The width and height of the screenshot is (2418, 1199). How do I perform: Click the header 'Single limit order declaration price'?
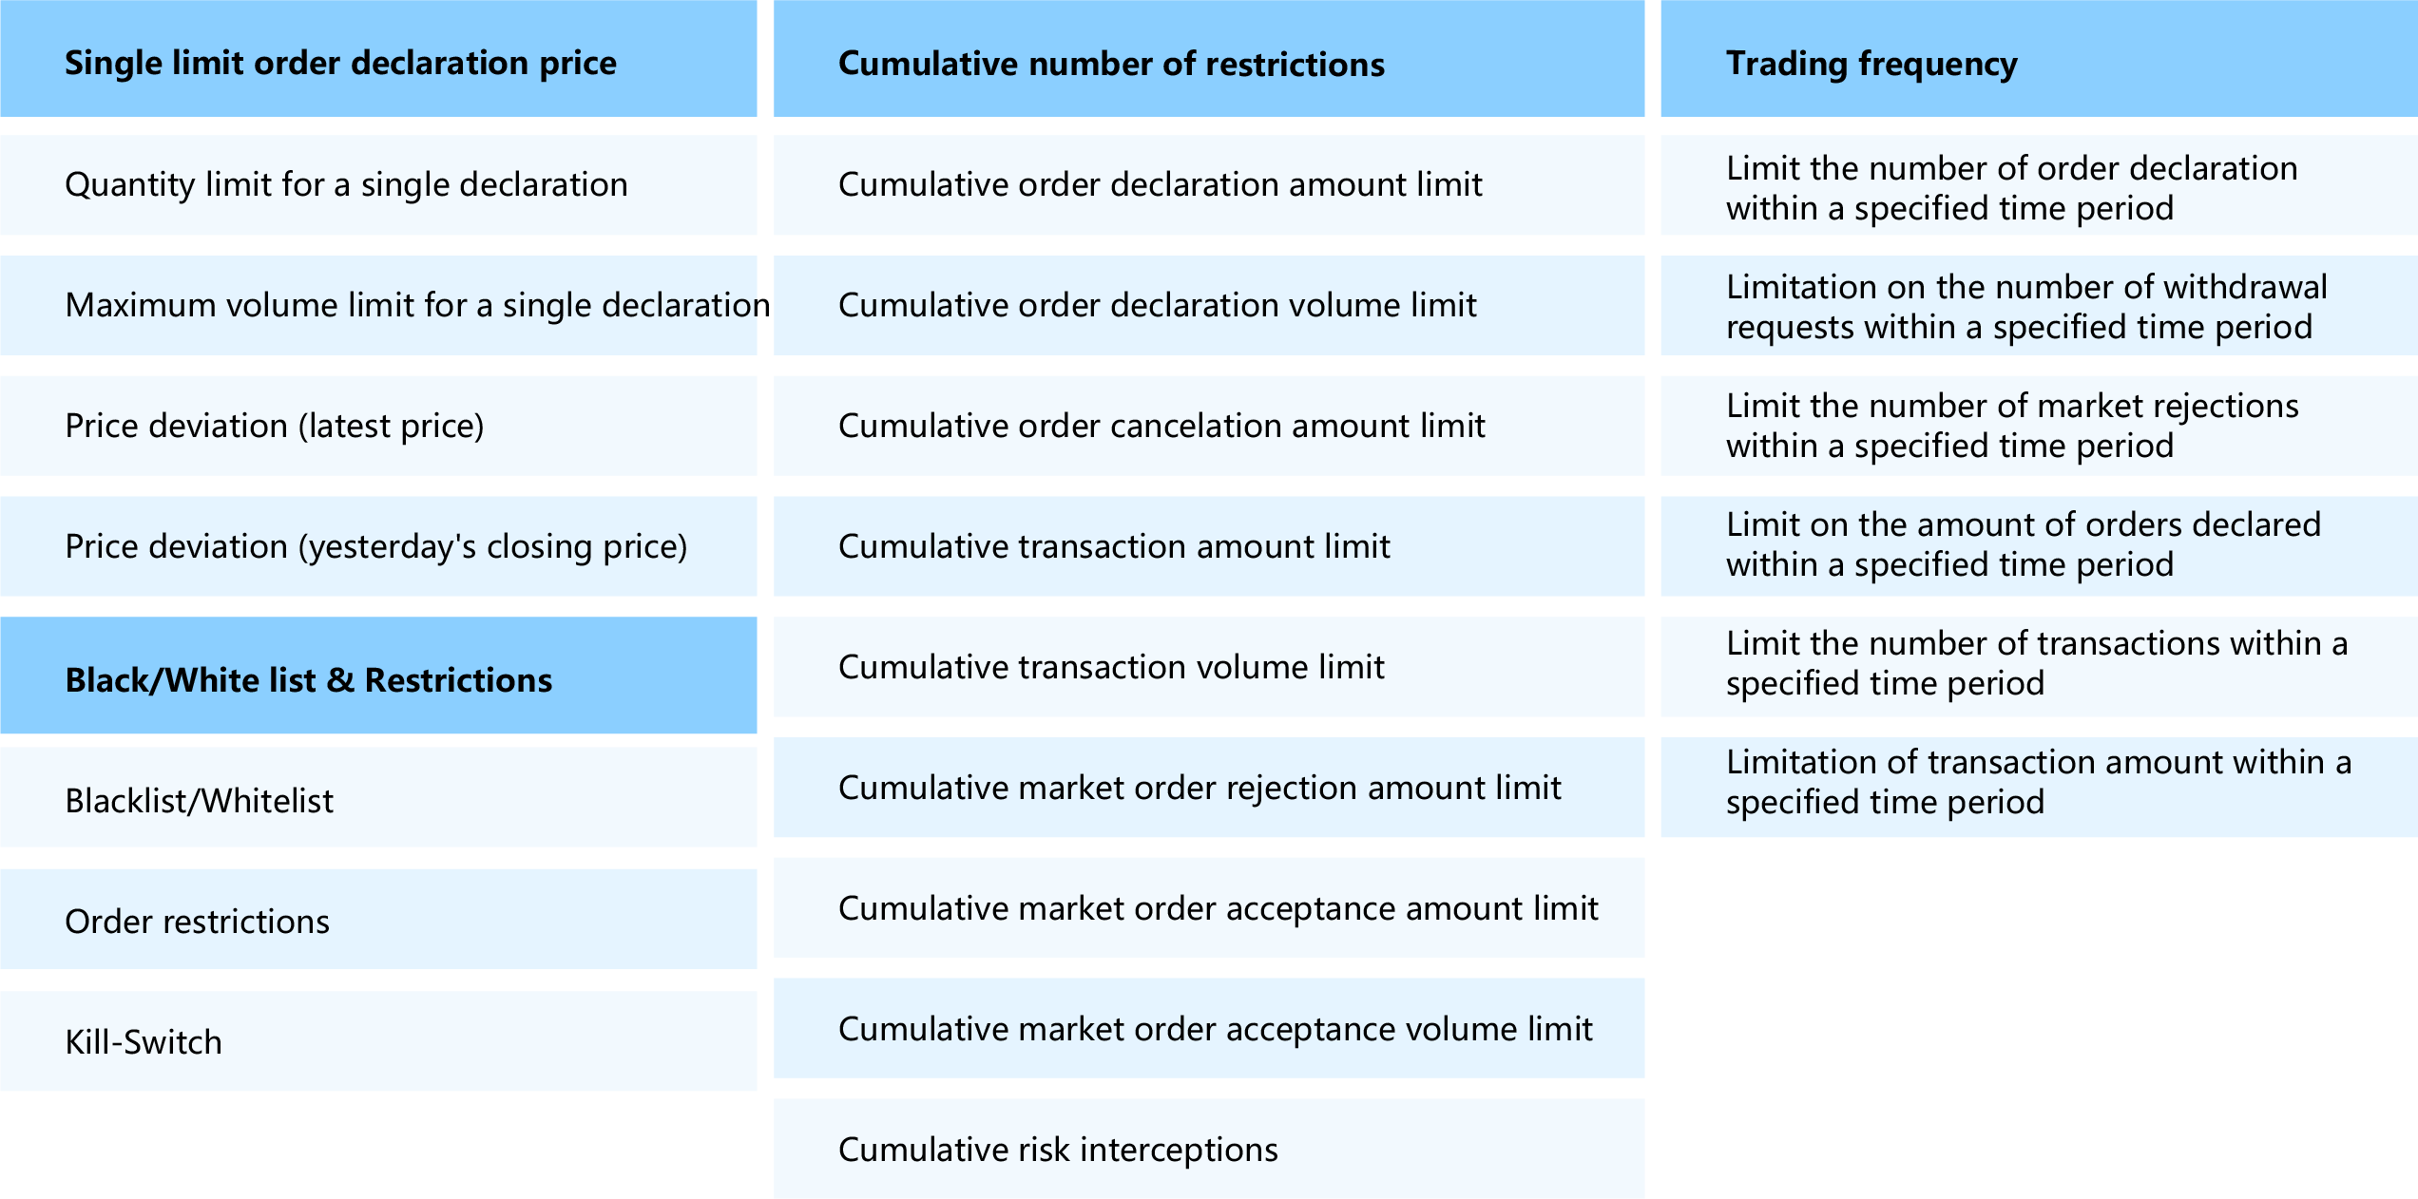click(340, 63)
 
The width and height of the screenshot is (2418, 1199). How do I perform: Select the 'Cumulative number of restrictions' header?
click(1111, 64)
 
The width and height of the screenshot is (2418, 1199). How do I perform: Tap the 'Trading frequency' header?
click(1871, 64)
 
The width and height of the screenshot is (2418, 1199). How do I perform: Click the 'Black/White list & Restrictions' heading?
click(309, 680)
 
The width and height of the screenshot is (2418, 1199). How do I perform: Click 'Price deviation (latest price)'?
click(275, 426)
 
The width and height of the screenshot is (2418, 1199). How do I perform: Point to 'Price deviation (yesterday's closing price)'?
click(376, 546)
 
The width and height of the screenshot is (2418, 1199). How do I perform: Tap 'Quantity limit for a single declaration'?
click(347, 184)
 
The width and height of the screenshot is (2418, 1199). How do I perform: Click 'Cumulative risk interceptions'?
click(1058, 1150)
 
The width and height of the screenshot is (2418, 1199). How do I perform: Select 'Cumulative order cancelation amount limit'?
click(1161, 426)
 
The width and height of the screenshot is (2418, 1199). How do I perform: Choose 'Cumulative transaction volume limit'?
click(1111, 667)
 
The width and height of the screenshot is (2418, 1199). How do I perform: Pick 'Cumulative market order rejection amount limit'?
click(1199, 788)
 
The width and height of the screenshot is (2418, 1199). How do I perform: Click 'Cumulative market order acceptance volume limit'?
click(1216, 1029)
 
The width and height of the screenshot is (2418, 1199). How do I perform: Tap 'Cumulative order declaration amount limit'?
click(1161, 184)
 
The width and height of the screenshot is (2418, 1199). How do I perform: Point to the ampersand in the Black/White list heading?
click(340, 680)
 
